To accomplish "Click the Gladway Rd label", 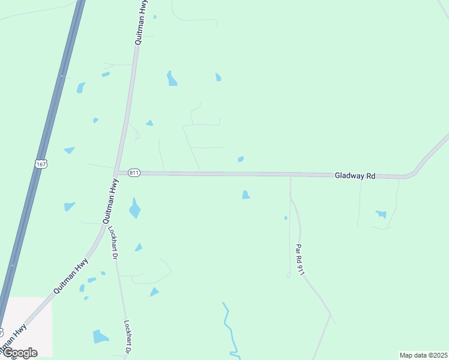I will (355, 176).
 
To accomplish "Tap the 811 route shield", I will (134, 173).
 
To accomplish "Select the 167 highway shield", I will (41, 164).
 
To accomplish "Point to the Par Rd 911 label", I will (300, 260).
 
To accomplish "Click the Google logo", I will (19, 353).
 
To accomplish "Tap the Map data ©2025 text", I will (423, 355).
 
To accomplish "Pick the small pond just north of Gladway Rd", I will (241, 159).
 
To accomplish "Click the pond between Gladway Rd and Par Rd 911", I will (246, 194).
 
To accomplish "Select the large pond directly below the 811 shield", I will (134, 208).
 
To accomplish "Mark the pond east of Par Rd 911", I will (381, 214).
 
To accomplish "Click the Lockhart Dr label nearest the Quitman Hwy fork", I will (112, 242).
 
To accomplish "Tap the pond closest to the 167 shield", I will (69, 150).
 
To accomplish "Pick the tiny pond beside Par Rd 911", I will (286, 217).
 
